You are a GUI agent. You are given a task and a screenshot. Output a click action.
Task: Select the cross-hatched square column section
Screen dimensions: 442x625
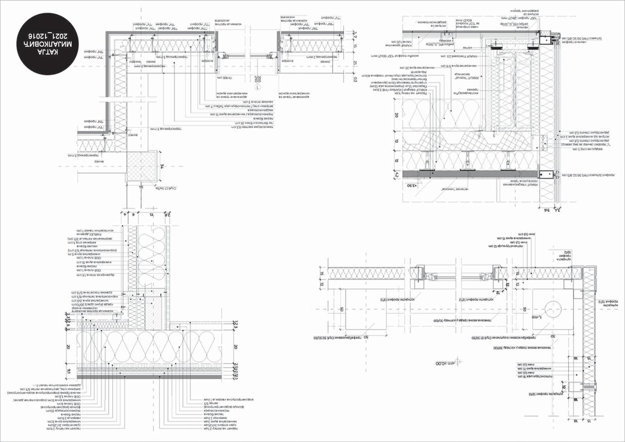coord(142,166)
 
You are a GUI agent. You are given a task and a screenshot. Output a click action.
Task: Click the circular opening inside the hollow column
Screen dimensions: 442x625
coord(553,309)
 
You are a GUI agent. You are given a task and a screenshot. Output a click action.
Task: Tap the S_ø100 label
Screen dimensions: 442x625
coord(537,317)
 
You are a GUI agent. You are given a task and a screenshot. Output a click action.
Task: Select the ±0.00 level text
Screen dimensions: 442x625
coord(444,363)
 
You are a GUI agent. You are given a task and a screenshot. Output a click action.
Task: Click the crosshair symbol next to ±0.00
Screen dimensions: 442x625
coord(458,362)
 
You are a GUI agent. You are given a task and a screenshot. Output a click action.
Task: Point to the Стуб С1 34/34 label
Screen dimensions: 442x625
coord(169,188)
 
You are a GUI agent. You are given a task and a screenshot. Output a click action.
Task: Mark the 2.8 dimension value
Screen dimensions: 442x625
coord(166,215)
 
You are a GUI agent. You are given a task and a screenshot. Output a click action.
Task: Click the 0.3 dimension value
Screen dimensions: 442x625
coord(355,79)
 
